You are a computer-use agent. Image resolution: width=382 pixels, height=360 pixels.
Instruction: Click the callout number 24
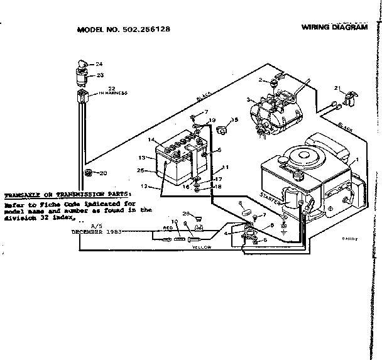(99, 64)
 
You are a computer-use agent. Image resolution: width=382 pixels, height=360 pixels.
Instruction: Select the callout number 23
(99, 75)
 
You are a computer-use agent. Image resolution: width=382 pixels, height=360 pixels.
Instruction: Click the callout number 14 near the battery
(151, 139)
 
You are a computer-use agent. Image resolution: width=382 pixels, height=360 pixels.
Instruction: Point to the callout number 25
(142, 170)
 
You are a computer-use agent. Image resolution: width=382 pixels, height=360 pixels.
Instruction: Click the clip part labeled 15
(221, 131)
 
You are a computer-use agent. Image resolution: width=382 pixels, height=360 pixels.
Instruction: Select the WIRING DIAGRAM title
(334, 27)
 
